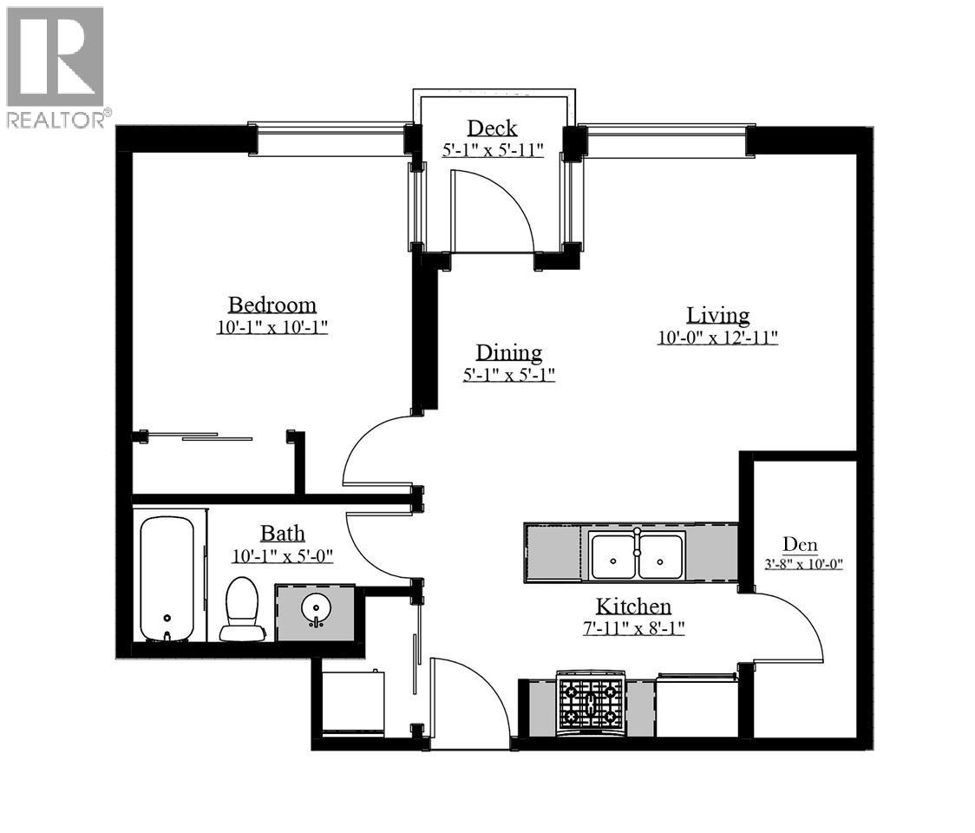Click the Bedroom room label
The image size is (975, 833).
tap(272, 305)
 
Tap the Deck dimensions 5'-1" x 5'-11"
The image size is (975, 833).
tap(493, 149)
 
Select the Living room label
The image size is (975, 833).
tap(717, 315)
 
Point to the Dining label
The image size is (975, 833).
tap(508, 352)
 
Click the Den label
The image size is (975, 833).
tap(800, 544)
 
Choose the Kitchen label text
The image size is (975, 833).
tap(633, 606)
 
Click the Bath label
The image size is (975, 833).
tap(282, 533)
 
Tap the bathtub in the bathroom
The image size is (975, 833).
tap(167, 579)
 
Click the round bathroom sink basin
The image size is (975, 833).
tap(316, 611)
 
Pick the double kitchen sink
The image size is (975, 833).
tap(637, 556)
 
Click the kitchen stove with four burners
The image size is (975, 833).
tap(590, 702)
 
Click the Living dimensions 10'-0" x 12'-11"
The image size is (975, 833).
tap(717, 338)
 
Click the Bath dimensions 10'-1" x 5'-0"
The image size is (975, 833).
tap(282, 555)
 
